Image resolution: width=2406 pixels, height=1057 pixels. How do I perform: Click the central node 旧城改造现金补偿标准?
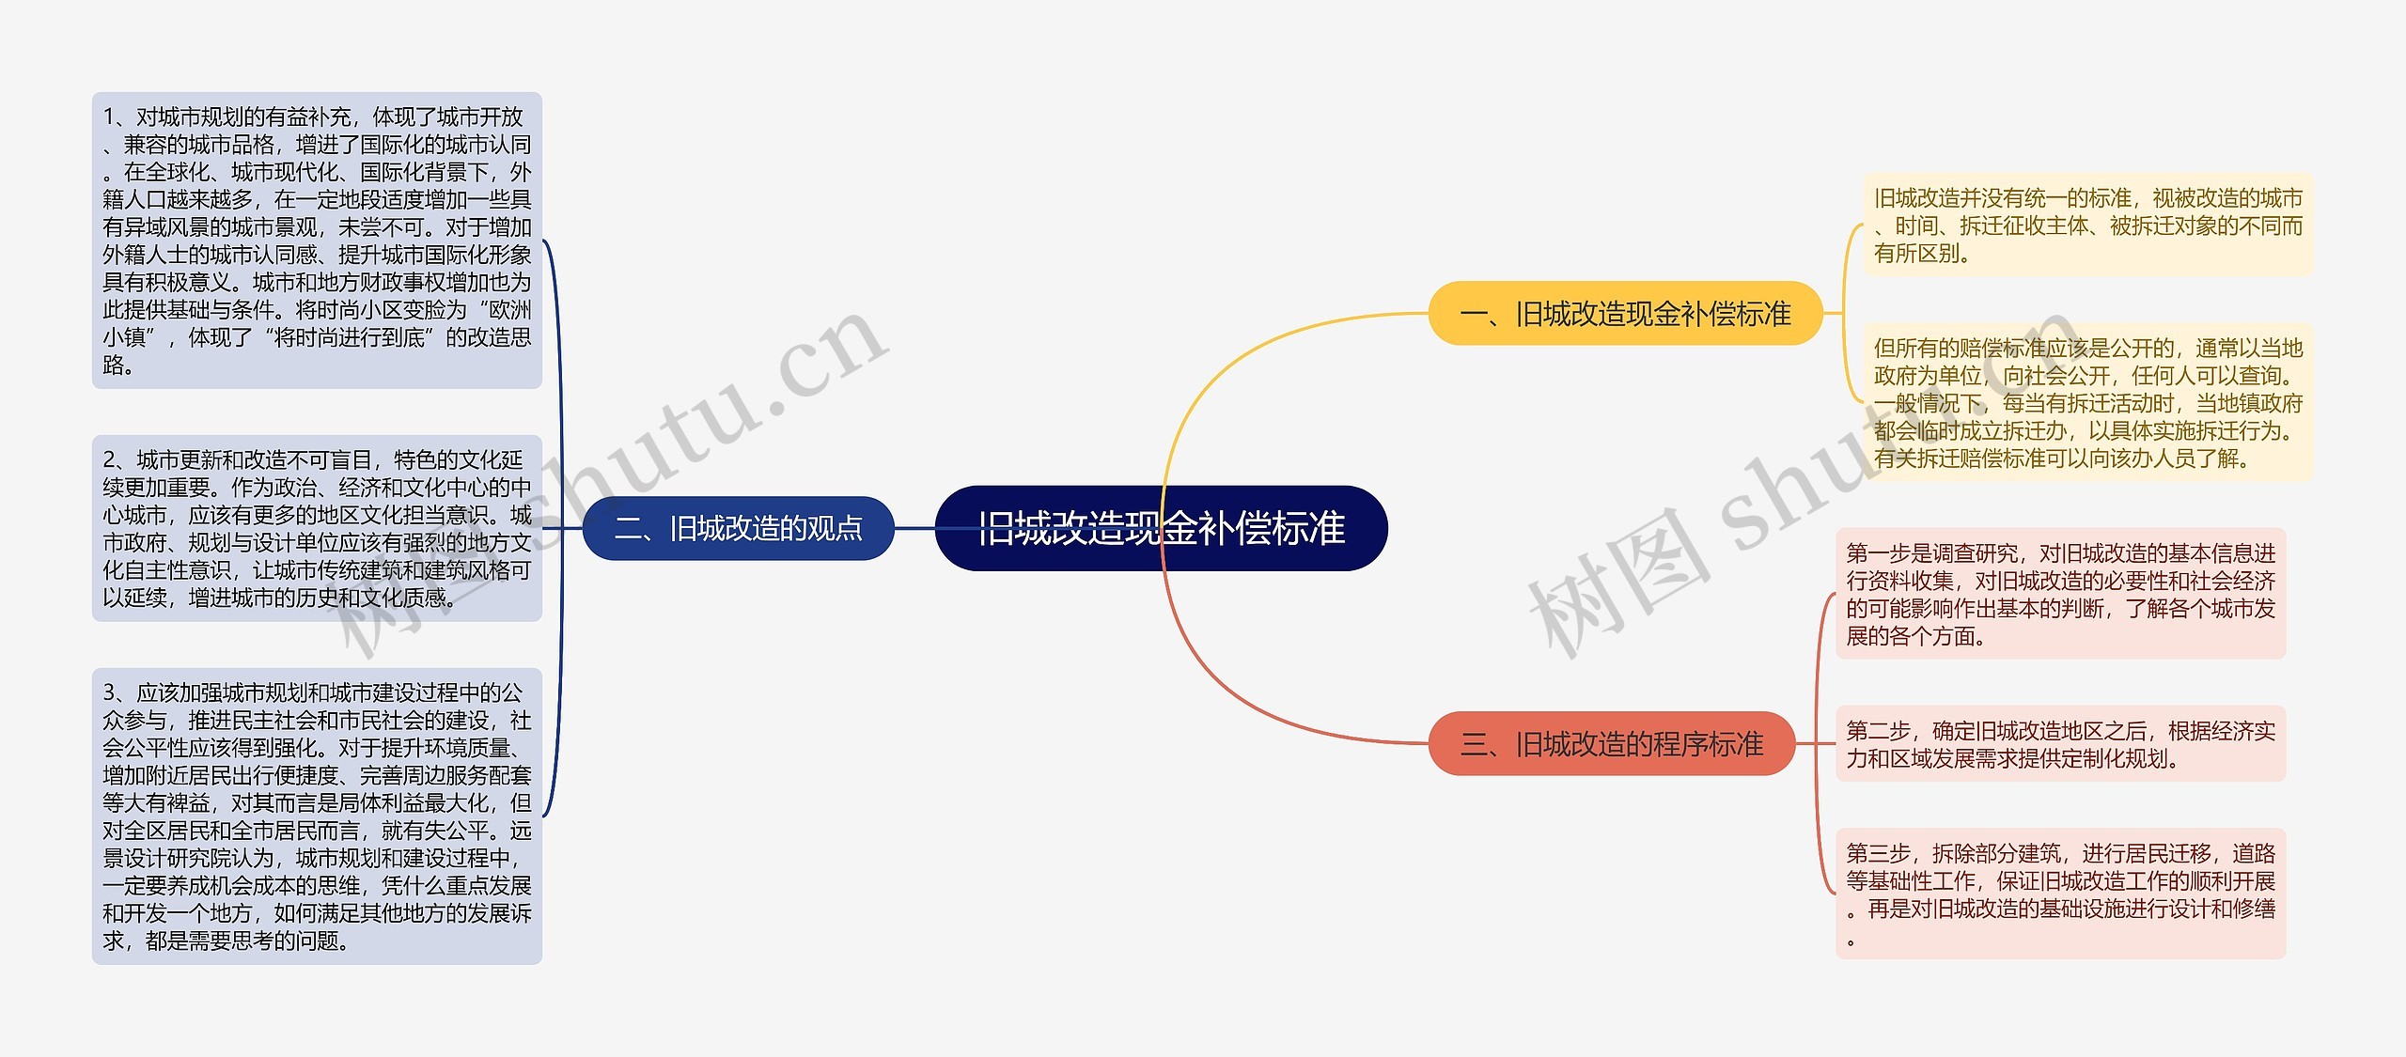coord(1161,528)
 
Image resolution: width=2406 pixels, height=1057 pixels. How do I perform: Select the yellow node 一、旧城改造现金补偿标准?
coord(1625,314)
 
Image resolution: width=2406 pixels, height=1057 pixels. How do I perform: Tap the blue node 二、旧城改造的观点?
coord(738,529)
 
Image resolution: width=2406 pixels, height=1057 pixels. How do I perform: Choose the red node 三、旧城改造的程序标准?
coord(1611,744)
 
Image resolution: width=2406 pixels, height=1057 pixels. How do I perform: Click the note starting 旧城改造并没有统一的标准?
coord(2087,225)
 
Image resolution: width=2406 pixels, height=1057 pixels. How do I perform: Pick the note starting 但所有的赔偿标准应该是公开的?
coord(2087,403)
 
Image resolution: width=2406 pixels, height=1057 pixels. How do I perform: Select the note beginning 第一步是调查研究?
coord(2060,595)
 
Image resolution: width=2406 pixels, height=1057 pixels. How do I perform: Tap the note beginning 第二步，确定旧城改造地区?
coord(2060,744)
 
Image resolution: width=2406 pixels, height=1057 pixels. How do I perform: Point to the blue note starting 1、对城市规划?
coord(317,241)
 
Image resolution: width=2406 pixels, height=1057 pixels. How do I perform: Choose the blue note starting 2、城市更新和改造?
coord(317,528)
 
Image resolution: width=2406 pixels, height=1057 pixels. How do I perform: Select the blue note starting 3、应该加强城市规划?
coord(317,816)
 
